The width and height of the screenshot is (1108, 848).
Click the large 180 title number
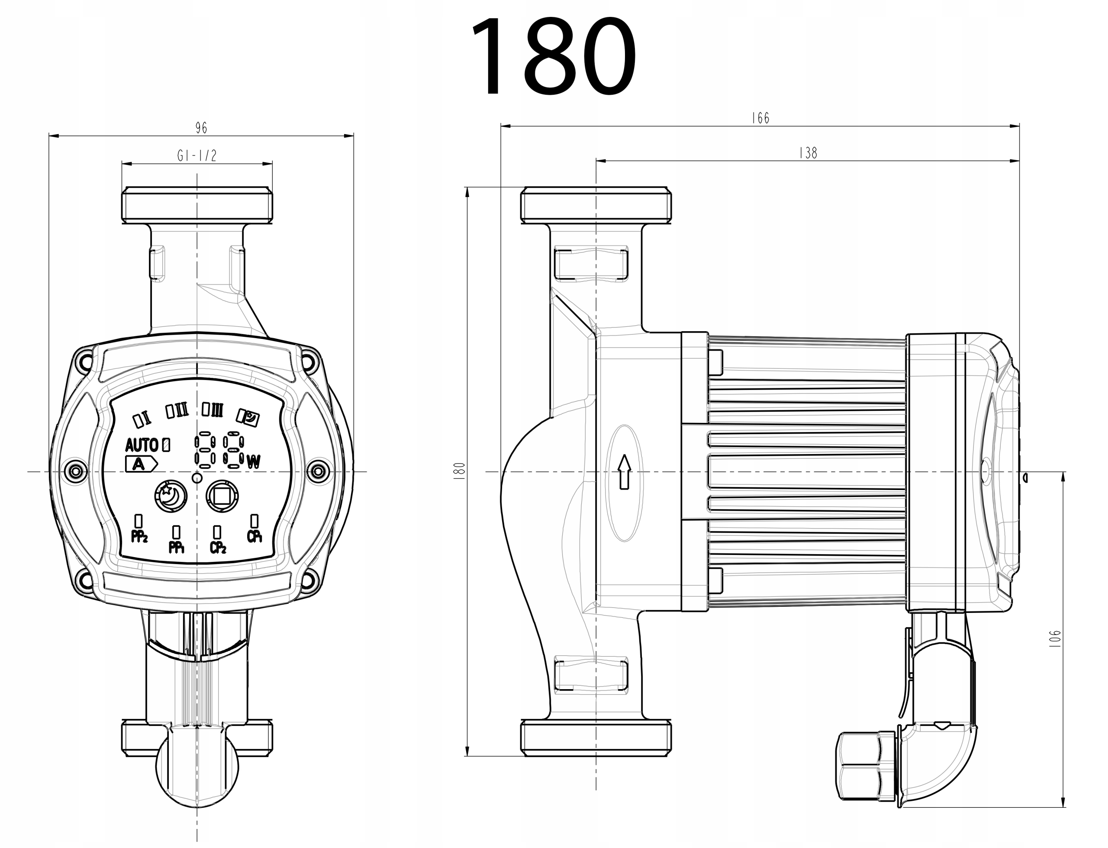(x=554, y=57)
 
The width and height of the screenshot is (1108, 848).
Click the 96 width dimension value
(x=201, y=128)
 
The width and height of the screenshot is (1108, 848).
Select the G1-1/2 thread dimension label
(x=197, y=155)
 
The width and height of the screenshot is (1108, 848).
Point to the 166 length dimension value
(x=760, y=118)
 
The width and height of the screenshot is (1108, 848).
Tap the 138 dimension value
(x=808, y=153)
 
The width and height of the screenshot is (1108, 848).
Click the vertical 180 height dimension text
(x=459, y=471)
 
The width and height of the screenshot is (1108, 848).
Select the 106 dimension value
(x=1054, y=638)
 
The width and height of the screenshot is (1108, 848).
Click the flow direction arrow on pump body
(x=625, y=471)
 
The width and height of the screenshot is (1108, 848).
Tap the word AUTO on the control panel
(x=141, y=445)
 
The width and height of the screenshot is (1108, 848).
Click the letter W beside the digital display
(x=254, y=461)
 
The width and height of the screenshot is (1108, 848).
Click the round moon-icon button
(x=171, y=497)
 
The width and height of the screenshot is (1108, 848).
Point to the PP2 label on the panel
(x=139, y=537)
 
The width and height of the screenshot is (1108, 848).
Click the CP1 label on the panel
(x=255, y=537)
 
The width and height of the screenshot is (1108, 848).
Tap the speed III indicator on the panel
(x=212, y=409)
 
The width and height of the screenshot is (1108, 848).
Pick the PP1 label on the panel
(x=176, y=547)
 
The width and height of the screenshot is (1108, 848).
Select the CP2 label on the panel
(x=217, y=547)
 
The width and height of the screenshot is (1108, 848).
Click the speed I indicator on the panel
(x=142, y=419)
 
